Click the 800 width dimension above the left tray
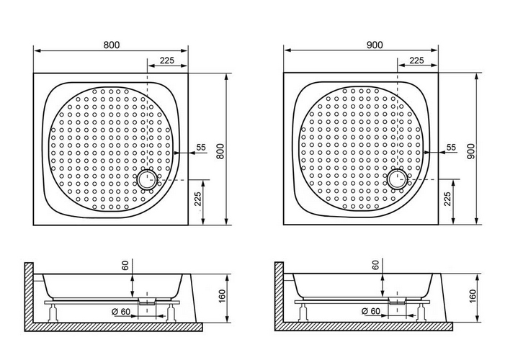(112, 45)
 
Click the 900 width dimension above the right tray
(375, 45)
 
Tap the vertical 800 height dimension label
(220, 151)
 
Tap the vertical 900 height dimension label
(470, 151)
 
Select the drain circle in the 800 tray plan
(147, 180)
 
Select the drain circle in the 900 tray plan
(398, 179)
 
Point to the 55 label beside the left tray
(201, 147)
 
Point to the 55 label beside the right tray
(452, 147)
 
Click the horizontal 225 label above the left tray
(167, 60)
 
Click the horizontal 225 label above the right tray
(417, 60)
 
